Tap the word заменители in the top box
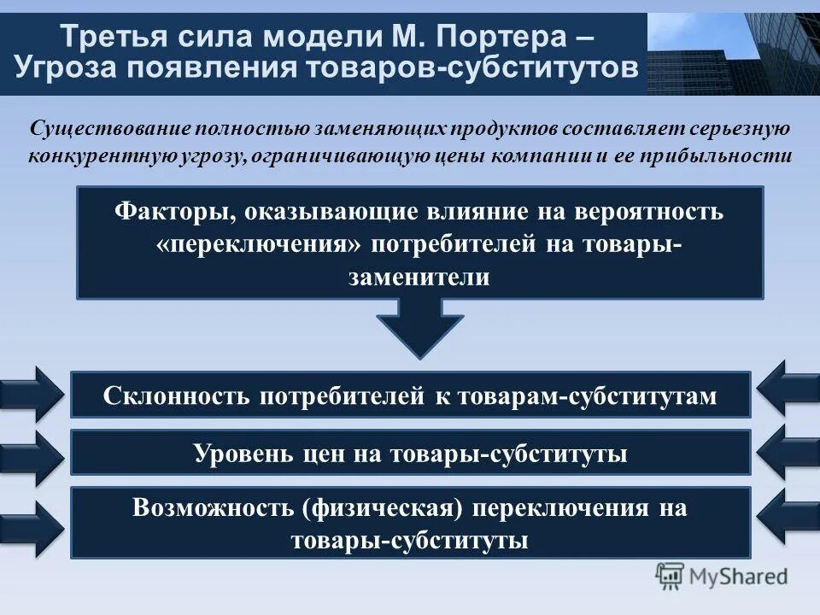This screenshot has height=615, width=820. pos(419,277)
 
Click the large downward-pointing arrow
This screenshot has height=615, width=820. pos(419,331)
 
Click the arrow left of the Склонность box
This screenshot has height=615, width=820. pos(32,394)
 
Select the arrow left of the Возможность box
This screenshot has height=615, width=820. pos(32,522)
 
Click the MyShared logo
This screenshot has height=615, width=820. pos(722,577)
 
